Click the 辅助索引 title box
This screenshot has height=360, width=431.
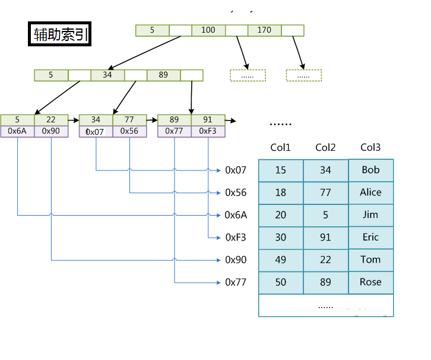coord(60,34)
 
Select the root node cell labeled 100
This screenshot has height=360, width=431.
coord(208,30)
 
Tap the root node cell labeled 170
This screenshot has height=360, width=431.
coord(264,30)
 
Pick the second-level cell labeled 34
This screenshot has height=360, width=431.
coord(107,75)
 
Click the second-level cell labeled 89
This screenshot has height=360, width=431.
coord(163,75)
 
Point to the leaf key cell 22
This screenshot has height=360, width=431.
coord(51,120)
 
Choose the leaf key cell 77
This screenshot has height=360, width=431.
coord(129,120)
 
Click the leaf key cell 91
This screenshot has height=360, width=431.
coord(208,120)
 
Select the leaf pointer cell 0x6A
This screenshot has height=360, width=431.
coord(17,131)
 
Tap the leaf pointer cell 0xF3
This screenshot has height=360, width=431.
coord(208,131)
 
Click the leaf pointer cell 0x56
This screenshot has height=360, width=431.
coord(129,131)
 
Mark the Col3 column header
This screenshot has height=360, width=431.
coord(370,147)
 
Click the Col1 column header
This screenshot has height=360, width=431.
coord(281,147)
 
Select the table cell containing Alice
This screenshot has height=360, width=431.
coord(370,192)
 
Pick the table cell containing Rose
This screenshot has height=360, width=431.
coord(370,282)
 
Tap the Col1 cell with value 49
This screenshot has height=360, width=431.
coord(281,260)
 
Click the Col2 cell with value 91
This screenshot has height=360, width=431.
coord(325,237)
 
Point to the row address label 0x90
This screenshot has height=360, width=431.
coord(236,260)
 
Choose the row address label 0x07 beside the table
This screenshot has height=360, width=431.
coord(236,170)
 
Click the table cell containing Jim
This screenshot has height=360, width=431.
coord(370,215)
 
